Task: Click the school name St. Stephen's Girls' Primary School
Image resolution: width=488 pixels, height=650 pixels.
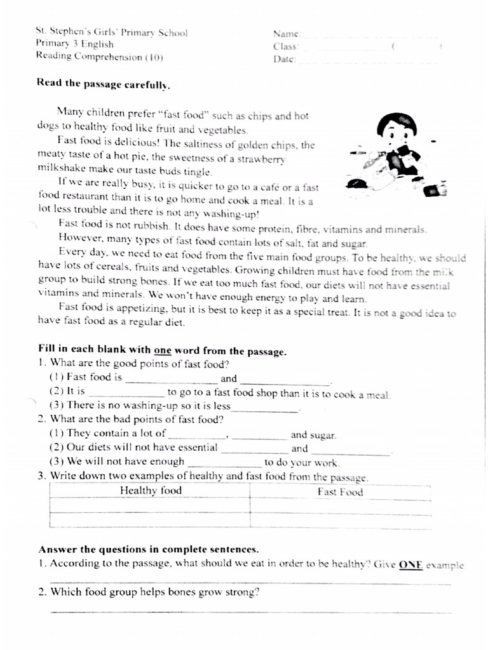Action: [x=111, y=32]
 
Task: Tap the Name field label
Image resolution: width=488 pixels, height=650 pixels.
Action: [x=287, y=34]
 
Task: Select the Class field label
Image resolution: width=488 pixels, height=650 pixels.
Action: [x=286, y=46]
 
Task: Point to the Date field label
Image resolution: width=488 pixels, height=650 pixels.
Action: [x=285, y=59]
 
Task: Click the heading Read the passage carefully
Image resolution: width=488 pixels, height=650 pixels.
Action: [x=104, y=83]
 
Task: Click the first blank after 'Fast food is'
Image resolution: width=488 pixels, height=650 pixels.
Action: [x=172, y=381]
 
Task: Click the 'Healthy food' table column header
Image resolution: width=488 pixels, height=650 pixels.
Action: [x=151, y=490]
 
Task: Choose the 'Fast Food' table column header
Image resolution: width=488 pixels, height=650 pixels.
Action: [x=340, y=491]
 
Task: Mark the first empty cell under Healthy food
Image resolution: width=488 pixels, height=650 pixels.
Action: [x=150, y=505]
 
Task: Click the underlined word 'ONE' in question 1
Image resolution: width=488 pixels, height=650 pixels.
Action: [x=410, y=564]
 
